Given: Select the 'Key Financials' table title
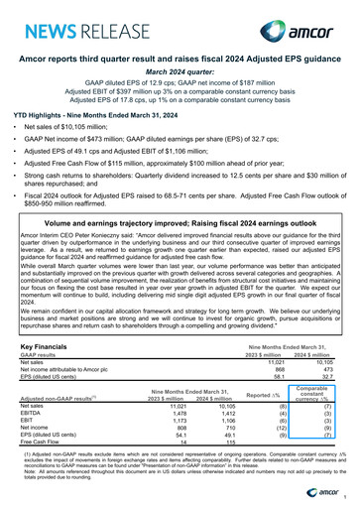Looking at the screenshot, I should (x=46, y=347).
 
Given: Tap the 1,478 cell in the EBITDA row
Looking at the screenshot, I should (x=178, y=414).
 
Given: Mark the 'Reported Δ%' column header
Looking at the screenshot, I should (x=273, y=398).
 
